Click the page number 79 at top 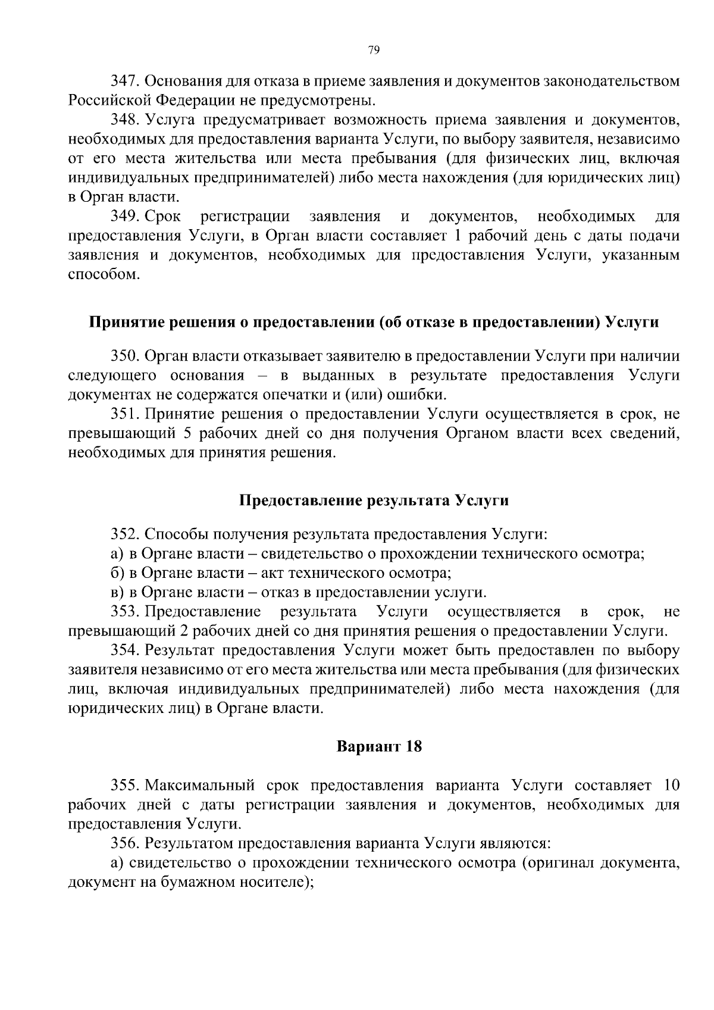(374, 50)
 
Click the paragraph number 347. (125, 80)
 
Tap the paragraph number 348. (125, 120)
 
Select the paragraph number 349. (125, 216)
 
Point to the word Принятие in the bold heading (122, 322)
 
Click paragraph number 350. (125, 357)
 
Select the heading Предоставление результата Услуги (374, 501)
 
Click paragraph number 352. (125, 534)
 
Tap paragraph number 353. (125, 612)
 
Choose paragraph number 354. (125, 651)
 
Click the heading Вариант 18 (379, 746)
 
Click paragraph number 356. (125, 843)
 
